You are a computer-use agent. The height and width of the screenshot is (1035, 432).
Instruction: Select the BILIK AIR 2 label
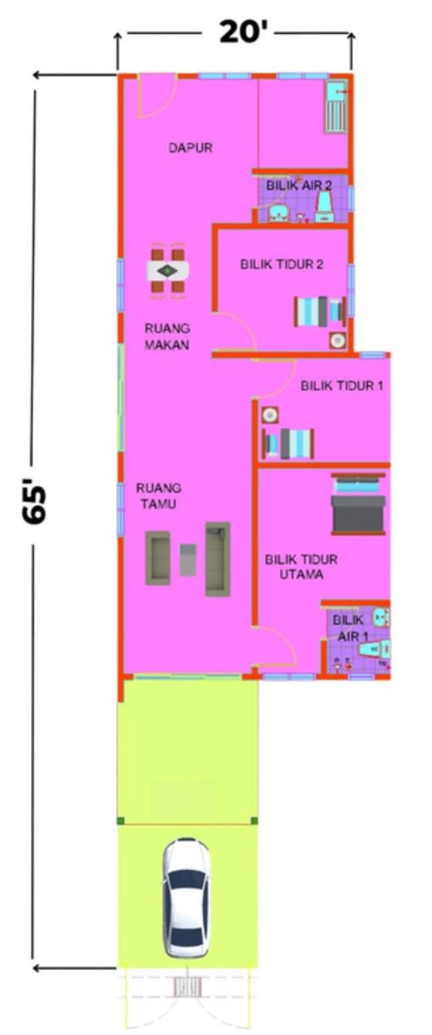pos(299,186)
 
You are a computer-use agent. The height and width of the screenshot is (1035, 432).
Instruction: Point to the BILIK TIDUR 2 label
pos(282,264)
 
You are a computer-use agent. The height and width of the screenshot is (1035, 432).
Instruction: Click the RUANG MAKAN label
pos(167,337)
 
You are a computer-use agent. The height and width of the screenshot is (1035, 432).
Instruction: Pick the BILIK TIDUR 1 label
pos(342,385)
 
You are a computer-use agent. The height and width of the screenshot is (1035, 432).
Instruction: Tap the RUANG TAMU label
pos(159,496)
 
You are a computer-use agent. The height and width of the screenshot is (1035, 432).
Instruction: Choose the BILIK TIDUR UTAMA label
pos(302,567)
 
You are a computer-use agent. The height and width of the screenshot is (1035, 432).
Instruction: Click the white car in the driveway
pos(186,897)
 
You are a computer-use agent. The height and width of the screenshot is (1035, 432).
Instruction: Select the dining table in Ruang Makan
pos(167,271)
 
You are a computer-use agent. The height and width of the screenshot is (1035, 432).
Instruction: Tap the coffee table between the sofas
pos(188,560)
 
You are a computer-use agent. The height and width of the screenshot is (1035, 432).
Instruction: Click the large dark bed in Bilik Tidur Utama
pos(358,504)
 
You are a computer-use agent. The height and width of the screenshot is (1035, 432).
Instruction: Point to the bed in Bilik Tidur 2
pos(320,311)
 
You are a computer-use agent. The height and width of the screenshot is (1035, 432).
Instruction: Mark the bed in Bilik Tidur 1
pos(288,444)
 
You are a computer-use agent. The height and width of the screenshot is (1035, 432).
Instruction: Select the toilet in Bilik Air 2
pos(324,207)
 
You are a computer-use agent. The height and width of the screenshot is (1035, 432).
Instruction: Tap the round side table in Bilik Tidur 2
pos(337,341)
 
